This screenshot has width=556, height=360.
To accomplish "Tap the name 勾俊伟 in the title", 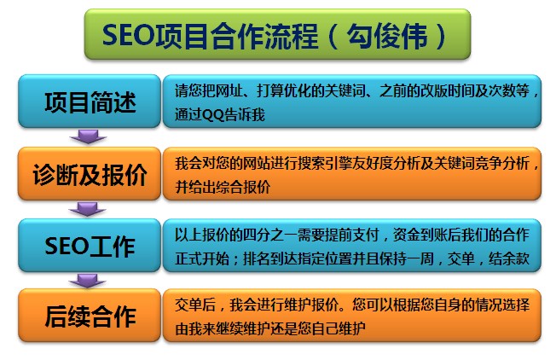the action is (x=387, y=36).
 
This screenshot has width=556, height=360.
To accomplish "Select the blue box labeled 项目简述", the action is (x=90, y=101).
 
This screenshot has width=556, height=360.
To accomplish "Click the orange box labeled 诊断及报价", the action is (x=90, y=173).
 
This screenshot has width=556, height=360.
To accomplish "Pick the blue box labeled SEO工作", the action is (x=90, y=246).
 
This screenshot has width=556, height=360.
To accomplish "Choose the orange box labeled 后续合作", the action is (x=90, y=316).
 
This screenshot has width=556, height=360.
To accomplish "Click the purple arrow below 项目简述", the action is (x=88, y=136).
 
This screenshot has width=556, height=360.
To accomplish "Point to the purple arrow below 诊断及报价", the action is (x=87, y=209).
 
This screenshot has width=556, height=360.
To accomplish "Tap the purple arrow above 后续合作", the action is (x=87, y=280).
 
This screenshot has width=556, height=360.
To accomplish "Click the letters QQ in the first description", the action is (x=212, y=115).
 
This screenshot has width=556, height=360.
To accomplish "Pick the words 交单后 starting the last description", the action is (x=195, y=305).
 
